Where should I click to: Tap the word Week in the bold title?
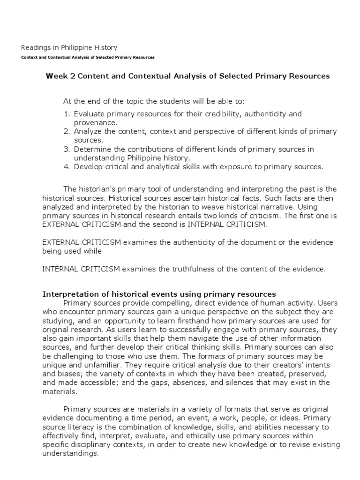tap(56, 76)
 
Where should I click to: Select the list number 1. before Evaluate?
tap(67, 114)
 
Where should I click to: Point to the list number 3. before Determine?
tap(67, 149)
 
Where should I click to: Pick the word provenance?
tap(93, 122)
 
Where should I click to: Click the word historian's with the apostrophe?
tap(96, 189)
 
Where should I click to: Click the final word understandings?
tap(70, 453)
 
